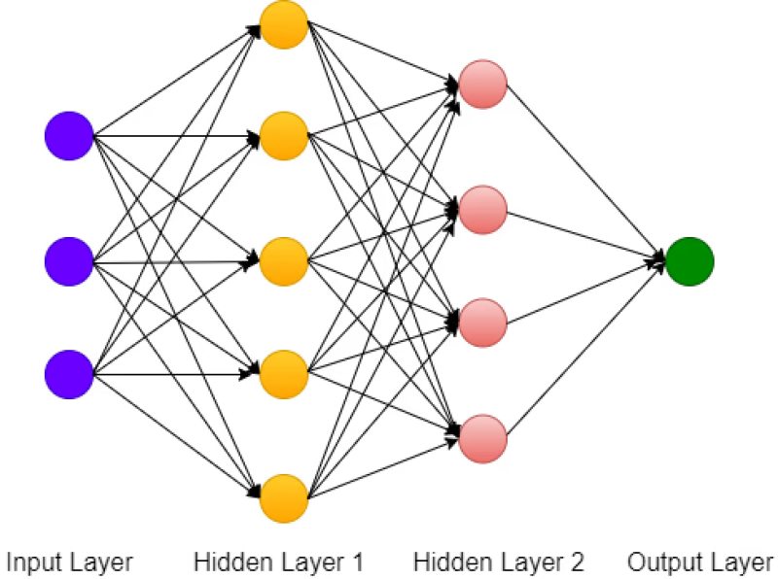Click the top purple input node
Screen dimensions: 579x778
point(69,136)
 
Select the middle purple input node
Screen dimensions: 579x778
point(69,260)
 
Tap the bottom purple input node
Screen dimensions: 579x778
point(69,374)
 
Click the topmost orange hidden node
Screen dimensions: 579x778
point(284,25)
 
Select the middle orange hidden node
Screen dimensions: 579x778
point(284,260)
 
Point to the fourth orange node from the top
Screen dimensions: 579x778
point(284,374)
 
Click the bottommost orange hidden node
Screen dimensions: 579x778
point(284,498)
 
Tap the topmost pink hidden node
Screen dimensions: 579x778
point(483,85)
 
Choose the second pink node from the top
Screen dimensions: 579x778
point(483,208)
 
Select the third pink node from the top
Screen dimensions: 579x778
point(483,323)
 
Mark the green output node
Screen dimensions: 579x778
point(690,260)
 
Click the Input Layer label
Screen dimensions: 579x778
point(69,562)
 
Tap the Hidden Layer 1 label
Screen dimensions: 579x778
point(278,562)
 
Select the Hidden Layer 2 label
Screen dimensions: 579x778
point(499,562)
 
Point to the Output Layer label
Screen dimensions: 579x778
point(700,562)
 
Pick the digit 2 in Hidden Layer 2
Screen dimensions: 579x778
point(577,562)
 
